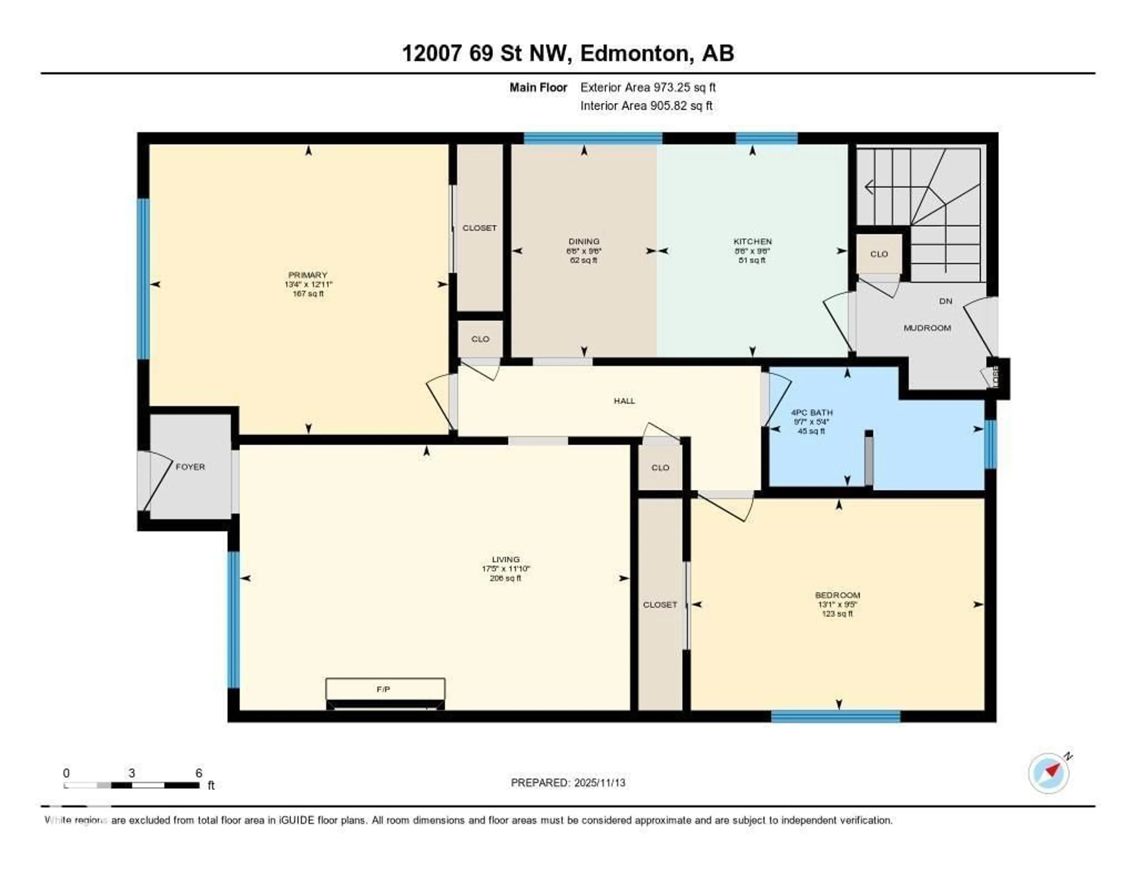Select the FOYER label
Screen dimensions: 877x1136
[191, 467]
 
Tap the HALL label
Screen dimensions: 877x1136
[624, 401]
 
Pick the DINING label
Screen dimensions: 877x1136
[584, 241]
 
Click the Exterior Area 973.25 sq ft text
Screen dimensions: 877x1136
[648, 87]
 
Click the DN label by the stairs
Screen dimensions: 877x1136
[945, 301]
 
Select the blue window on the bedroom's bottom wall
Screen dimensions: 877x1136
[835, 716]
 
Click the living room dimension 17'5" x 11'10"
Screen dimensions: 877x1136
[505, 569]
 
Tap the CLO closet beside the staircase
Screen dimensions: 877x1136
[879, 254]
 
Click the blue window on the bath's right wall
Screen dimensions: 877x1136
[990, 444]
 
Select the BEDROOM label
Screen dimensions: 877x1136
[838, 595]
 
